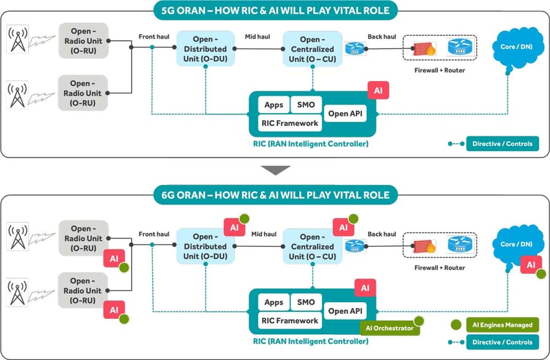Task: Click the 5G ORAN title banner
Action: pyautogui.click(x=275, y=10)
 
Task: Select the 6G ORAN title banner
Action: pyautogui.click(x=275, y=195)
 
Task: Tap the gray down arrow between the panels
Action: pyautogui.click(x=275, y=170)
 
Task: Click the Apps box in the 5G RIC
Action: pyautogui.click(x=274, y=105)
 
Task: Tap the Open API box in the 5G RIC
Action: pyautogui.click(x=346, y=114)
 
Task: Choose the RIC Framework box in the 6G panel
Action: pyautogui.click(x=289, y=320)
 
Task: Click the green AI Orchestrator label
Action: pyautogui.click(x=389, y=328)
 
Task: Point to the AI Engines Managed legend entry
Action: pyautogui.click(x=502, y=325)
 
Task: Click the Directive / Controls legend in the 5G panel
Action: pyautogui.click(x=502, y=143)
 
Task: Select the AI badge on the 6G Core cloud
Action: pyautogui.click(x=531, y=264)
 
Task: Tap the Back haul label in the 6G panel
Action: pyautogui.click(x=380, y=235)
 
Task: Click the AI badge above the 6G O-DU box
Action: pyautogui.click(x=233, y=227)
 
